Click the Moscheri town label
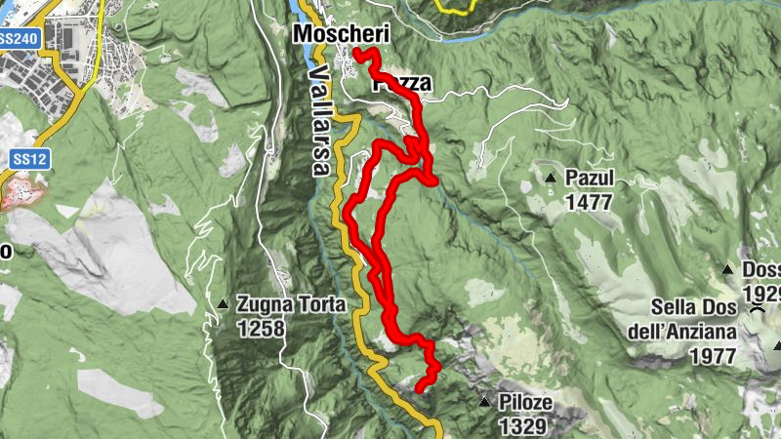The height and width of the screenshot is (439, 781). tap(342, 34)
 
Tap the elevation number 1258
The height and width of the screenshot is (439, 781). tap(260, 328)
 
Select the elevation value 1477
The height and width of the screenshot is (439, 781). tap(587, 202)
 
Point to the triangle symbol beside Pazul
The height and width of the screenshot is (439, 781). tap(552, 179)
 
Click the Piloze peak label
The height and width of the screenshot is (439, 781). tap(525, 403)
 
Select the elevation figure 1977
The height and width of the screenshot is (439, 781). tap(712, 356)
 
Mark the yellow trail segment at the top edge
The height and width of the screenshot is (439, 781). tap(454, 8)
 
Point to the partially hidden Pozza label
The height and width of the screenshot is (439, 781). tap(401, 84)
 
